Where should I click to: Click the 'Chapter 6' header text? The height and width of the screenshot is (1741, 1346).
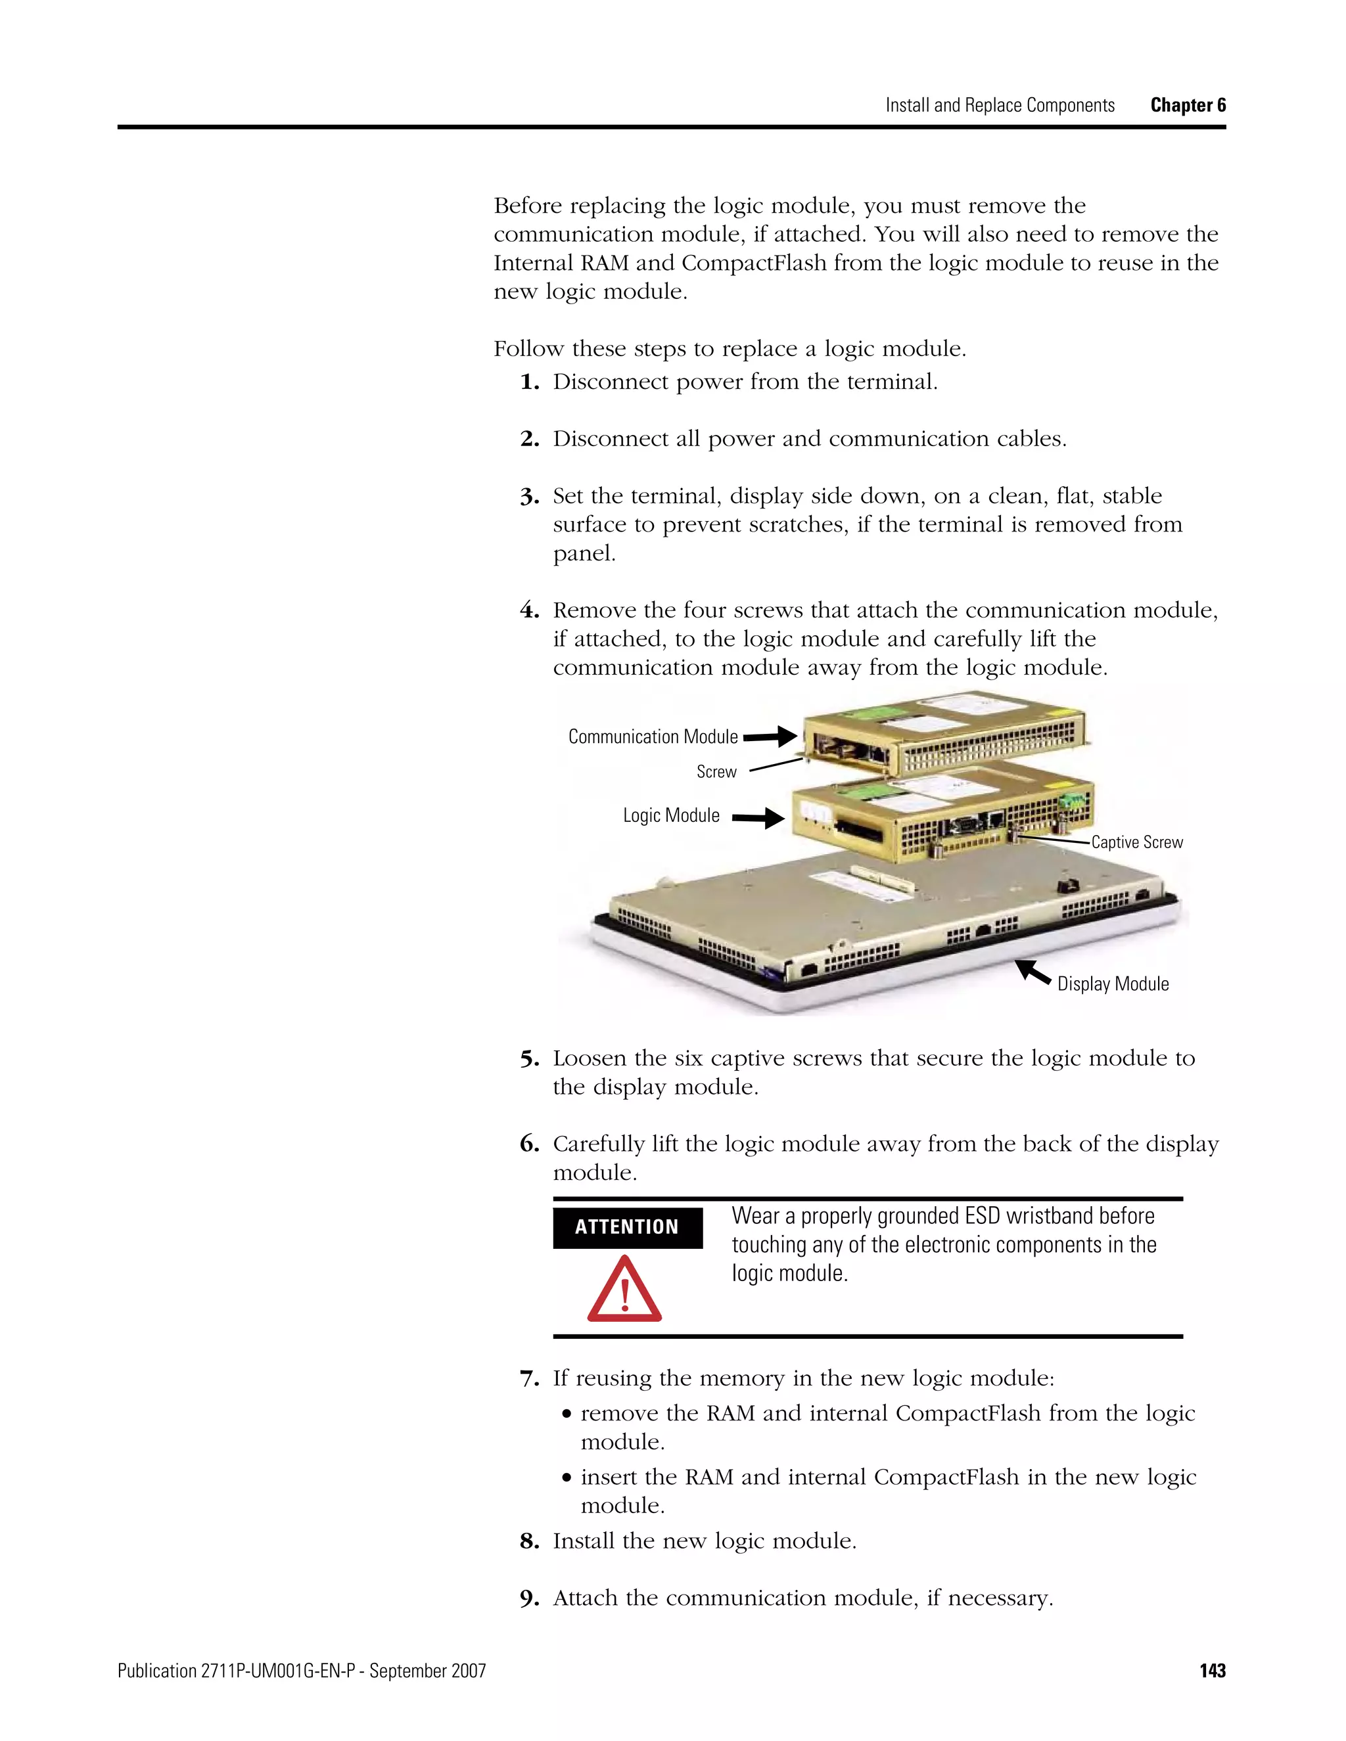coord(1188,105)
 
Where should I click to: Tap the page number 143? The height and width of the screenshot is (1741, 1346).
coord(1212,1670)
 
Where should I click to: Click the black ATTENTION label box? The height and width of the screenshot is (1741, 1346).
coord(627,1227)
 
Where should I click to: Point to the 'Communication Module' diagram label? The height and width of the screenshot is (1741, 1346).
coord(653,736)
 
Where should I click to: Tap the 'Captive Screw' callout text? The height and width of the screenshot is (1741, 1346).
coord(1136,843)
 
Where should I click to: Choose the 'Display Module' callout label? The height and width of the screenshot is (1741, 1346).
coord(1113,984)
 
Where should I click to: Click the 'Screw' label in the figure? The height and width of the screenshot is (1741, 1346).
coord(716,772)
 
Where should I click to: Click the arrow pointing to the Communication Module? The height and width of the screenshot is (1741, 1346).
coord(770,736)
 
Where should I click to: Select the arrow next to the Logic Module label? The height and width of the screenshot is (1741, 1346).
coord(758,817)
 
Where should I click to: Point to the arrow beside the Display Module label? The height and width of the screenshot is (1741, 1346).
coord(1033,972)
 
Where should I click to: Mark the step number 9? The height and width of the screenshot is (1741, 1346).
coord(530,1599)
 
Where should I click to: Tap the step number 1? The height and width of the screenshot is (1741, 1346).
coord(530,382)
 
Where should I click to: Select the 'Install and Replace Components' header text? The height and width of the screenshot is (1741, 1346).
coord(1000,105)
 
